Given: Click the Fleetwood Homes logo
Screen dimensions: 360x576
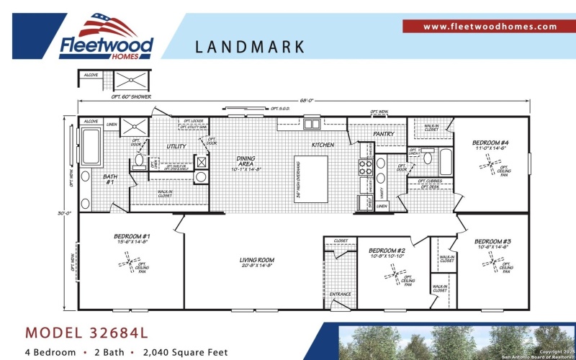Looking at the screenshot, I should [106, 36].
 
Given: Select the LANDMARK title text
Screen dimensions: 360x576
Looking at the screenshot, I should [250, 48].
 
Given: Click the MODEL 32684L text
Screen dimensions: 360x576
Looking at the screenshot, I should [86, 333].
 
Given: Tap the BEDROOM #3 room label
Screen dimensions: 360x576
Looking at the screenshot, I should [492, 241].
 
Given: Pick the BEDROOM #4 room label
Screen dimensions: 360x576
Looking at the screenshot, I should [490, 143].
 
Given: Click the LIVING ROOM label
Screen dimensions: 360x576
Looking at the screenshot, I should [256, 260].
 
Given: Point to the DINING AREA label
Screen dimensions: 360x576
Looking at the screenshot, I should [246, 162].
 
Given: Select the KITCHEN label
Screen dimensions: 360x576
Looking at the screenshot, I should [323, 145].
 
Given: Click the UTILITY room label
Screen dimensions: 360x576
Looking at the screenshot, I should [176, 146].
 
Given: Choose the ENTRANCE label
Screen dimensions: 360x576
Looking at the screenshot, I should [340, 294].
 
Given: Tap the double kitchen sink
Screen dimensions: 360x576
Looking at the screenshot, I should [312, 124].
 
